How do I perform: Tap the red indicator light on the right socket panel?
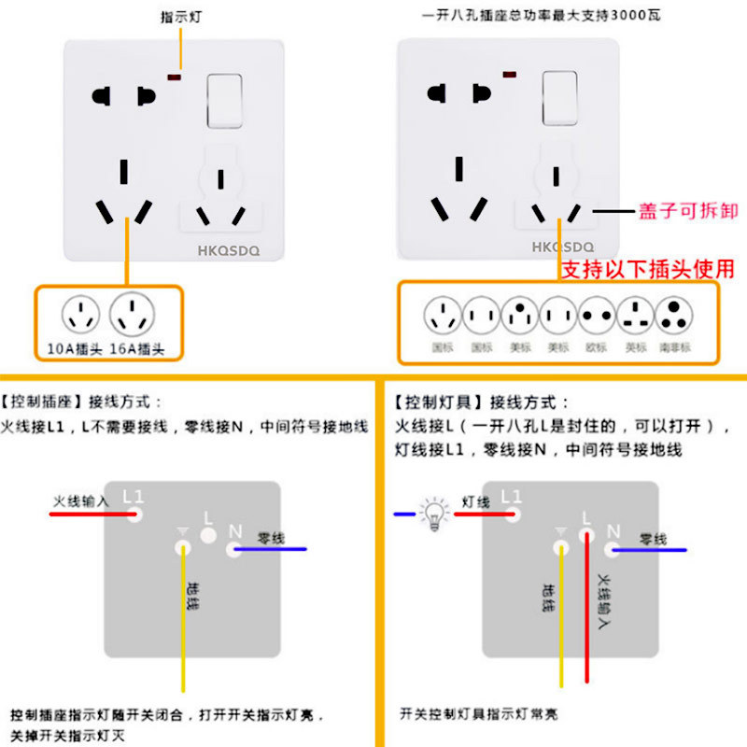pyautogui.click(x=510, y=74)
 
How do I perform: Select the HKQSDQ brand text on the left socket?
pyautogui.click(x=228, y=250)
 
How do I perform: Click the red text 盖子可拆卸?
pyautogui.click(x=688, y=211)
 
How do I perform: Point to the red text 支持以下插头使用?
pyautogui.click(x=647, y=269)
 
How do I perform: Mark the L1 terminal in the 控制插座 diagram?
pyautogui.click(x=134, y=514)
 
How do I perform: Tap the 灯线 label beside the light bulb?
pyautogui.click(x=476, y=501)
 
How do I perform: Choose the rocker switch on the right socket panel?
pyautogui.click(x=560, y=98)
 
